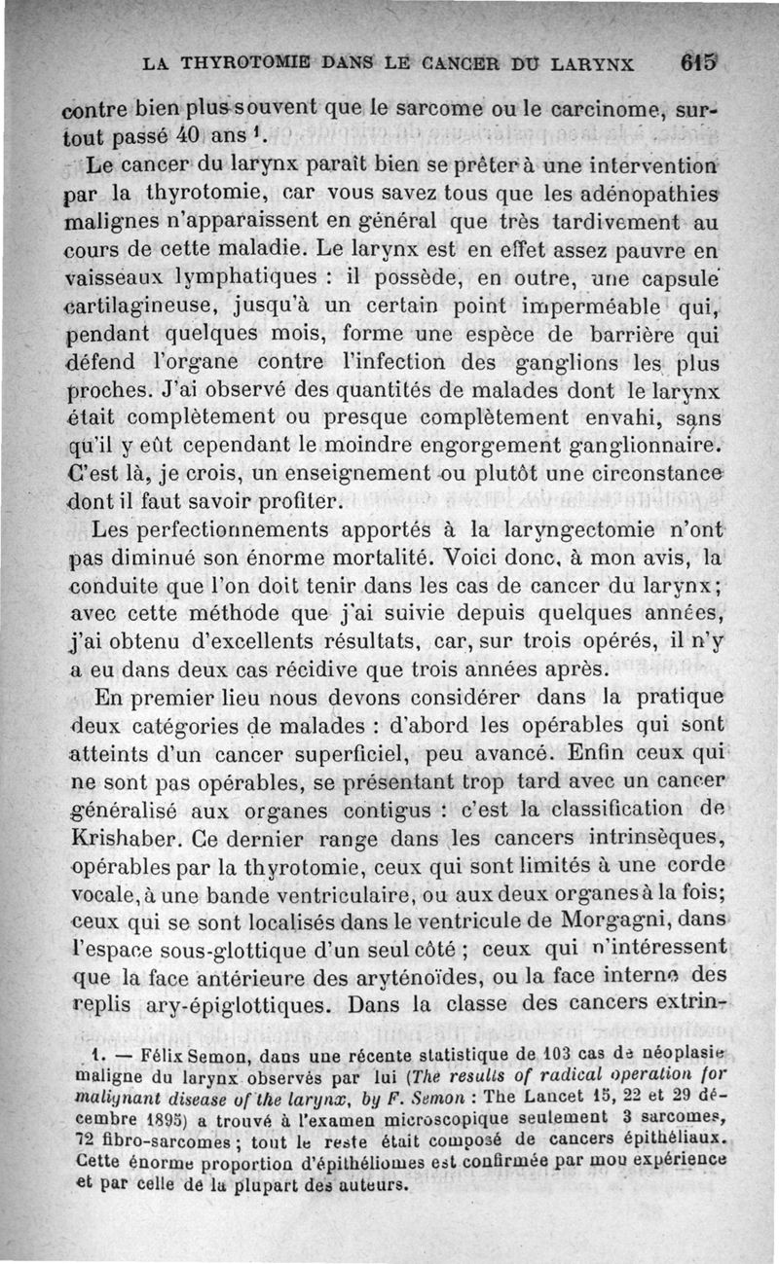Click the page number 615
click(698, 63)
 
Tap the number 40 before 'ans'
click(215, 131)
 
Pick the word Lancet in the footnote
click(549, 1097)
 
